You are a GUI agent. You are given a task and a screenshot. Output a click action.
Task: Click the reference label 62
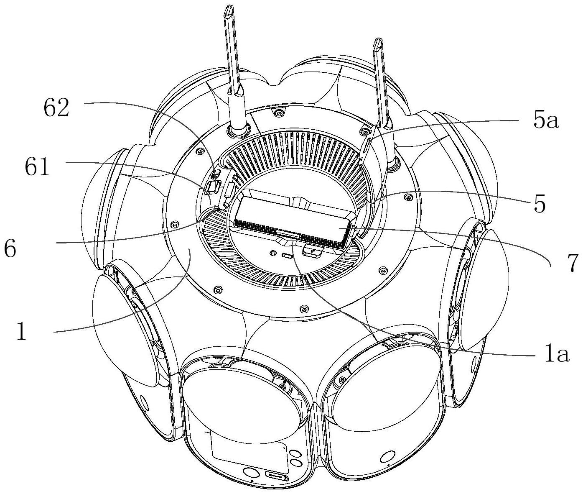tap(56, 109)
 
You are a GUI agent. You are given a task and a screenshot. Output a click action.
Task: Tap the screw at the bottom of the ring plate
tap(304, 309)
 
